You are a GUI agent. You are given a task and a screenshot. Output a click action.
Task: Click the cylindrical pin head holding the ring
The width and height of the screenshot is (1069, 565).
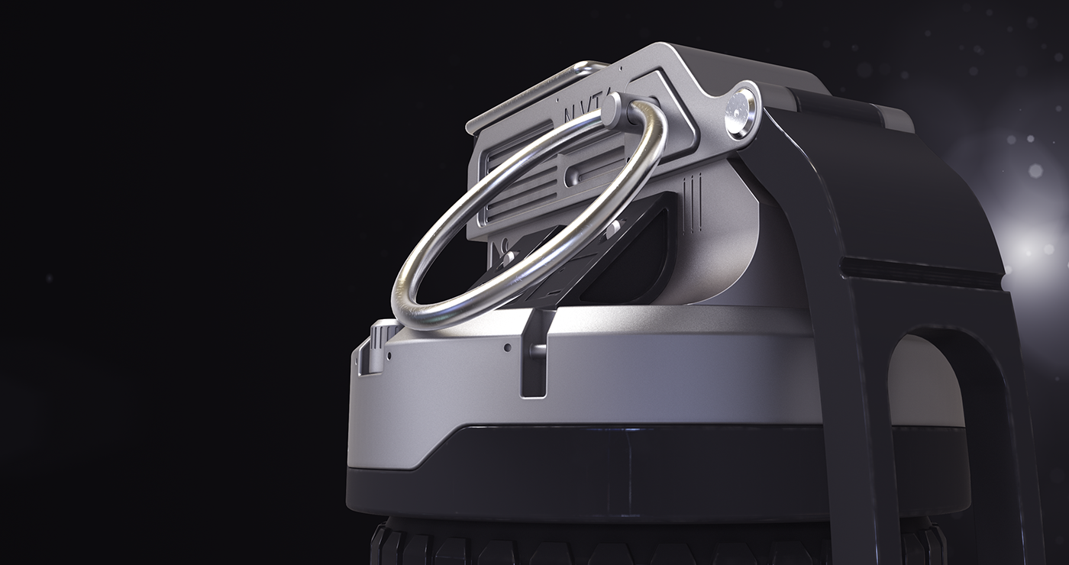[x=614, y=111]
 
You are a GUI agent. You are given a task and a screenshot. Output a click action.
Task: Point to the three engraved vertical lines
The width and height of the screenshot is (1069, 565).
[x=690, y=202]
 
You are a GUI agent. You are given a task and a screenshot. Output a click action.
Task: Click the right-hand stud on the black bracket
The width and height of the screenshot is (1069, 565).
[x=612, y=227]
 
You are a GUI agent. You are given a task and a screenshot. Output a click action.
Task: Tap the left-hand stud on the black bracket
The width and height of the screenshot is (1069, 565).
[x=506, y=256]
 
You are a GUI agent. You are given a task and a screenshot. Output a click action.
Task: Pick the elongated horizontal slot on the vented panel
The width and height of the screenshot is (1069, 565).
[x=592, y=173]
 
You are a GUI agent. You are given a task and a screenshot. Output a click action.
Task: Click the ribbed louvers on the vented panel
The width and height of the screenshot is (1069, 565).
[x=519, y=183]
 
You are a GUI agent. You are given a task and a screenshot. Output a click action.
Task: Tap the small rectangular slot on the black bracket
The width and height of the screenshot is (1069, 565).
[x=551, y=292]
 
